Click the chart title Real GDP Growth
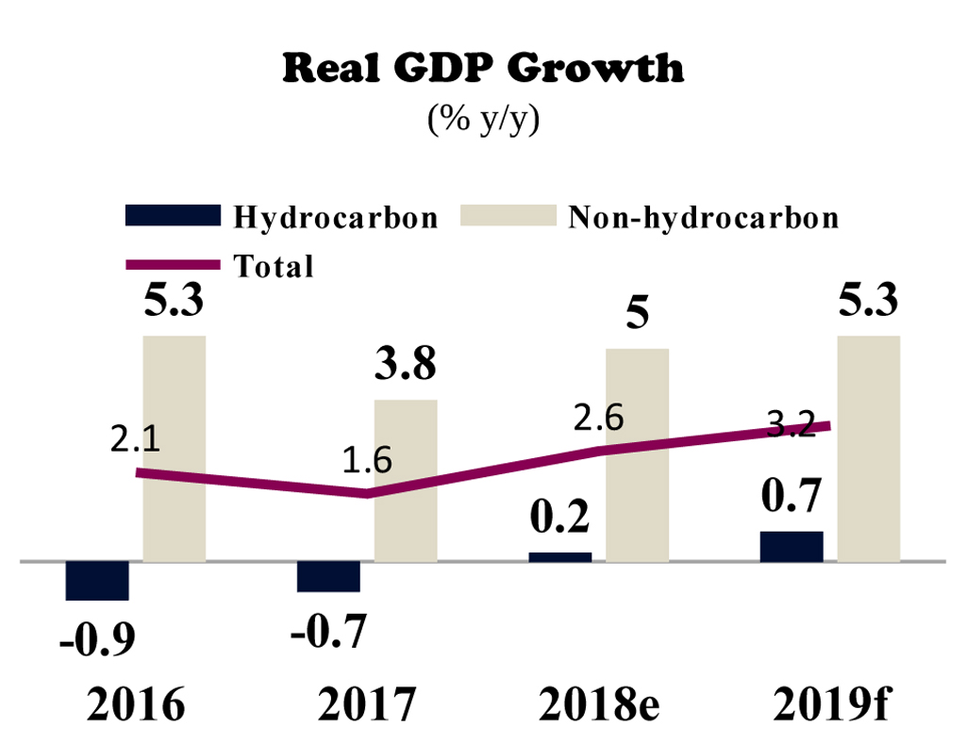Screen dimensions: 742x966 coord(483,69)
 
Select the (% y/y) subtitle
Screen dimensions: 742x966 coord(483,120)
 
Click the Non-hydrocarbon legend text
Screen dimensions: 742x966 coord(703,218)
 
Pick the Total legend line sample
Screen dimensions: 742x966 coord(172,265)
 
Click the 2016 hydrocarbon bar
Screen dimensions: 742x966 coord(97,580)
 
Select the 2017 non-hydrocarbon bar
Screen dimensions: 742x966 coord(406,481)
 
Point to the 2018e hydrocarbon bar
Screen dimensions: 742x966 coord(560,557)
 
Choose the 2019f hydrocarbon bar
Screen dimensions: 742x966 coord(791,547)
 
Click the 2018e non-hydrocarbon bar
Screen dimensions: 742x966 coord(637,455)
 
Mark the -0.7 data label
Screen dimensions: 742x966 coord(328,631)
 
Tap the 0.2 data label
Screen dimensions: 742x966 coord(560,517)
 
